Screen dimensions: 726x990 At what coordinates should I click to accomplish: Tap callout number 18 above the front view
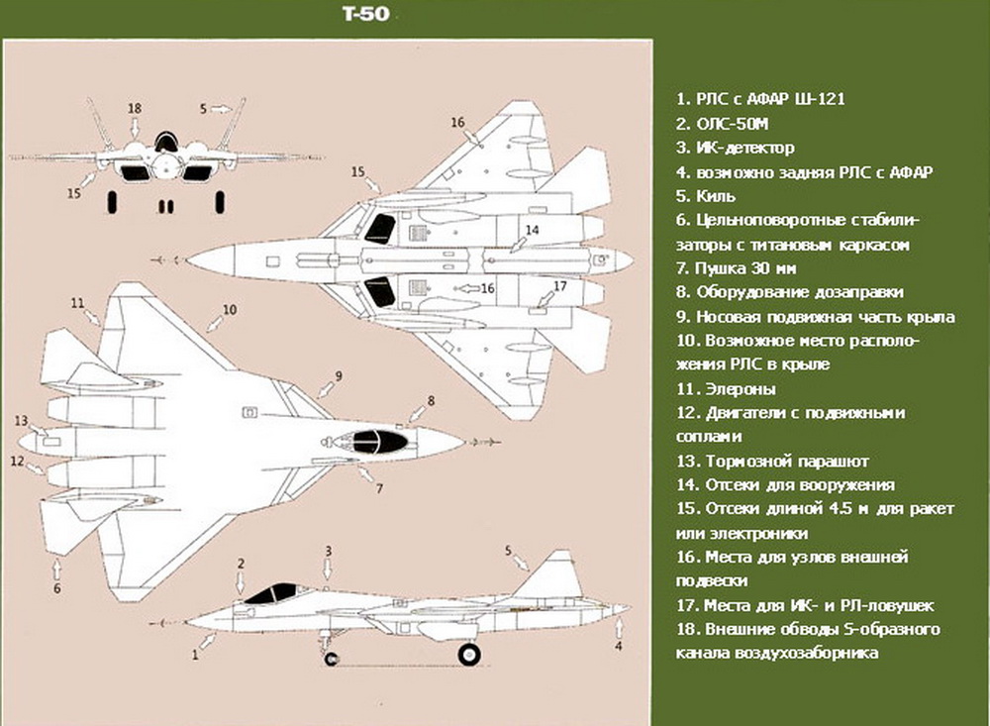tap(136, 108)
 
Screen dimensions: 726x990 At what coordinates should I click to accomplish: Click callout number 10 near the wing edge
tap(229, 310)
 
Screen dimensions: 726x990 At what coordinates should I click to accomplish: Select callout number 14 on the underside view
tap(532, 230)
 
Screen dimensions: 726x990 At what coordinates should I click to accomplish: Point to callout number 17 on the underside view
tap(559, 286)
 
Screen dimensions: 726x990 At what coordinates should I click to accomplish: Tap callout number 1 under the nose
tap(196, 655)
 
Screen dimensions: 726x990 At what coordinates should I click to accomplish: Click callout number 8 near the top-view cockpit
tap(431, 400)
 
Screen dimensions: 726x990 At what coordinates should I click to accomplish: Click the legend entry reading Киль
tap(713, 196)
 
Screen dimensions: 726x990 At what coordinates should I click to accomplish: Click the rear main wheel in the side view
tap(469, 655)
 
